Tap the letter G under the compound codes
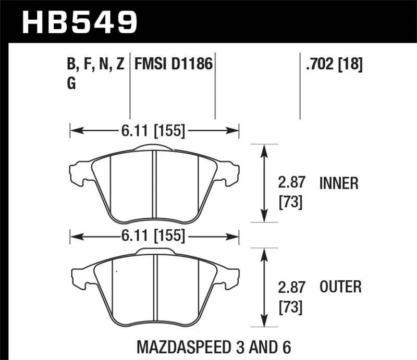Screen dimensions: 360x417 [x=71, y=84]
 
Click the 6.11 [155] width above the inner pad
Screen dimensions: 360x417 [x=154, y=131]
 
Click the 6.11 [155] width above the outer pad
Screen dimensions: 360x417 [x=154, y=236]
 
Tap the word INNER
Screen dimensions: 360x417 [x=338, y=183]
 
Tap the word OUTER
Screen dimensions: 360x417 [x=340, y=287]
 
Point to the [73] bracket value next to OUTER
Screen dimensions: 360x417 [x=291, y=307]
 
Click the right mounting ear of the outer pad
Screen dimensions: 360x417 [x=230, y=276]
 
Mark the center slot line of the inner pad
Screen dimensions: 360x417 [x=154, y=185]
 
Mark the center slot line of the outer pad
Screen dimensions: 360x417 [x=154, y=289]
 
